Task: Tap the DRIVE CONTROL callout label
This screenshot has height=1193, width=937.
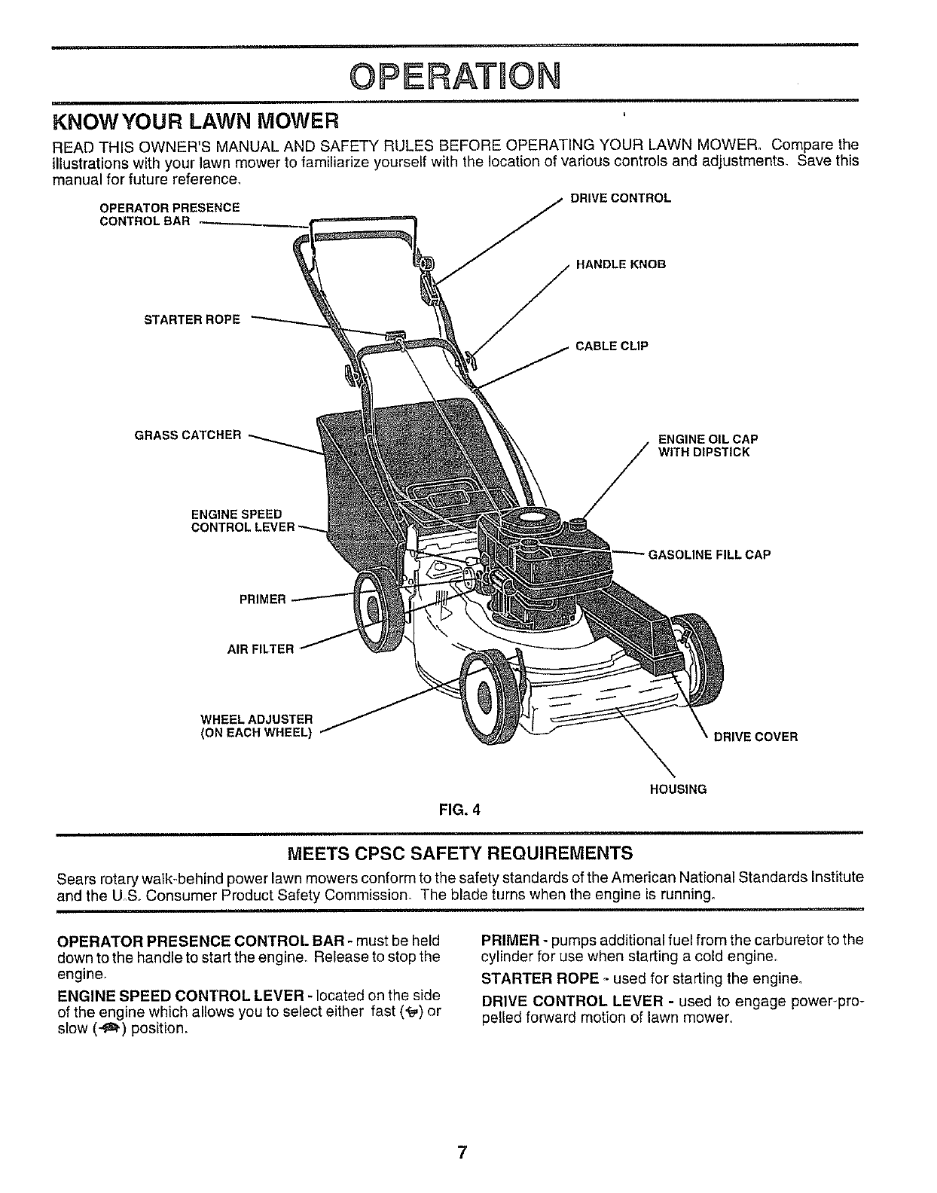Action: point(620,199)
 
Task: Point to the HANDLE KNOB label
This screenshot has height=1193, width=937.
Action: point(621,264)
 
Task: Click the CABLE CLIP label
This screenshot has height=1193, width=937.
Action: point(612,346)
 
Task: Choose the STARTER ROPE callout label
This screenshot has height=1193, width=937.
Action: point(192,319)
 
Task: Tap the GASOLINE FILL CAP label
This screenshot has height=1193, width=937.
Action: point(710,555)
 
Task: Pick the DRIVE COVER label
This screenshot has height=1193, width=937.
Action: point(755,737)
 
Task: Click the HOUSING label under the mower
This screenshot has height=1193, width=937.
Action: point(678,789)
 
